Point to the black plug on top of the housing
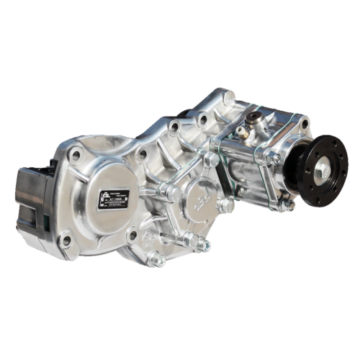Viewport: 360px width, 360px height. (x=253, y=119)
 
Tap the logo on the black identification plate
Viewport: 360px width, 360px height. (x=105, y=195)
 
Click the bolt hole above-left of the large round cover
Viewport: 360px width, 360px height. (x=75, y=154)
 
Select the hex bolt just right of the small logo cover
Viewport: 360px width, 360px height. (x=228, y=207)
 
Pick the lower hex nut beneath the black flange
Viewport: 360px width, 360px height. (x=288, y=206)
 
